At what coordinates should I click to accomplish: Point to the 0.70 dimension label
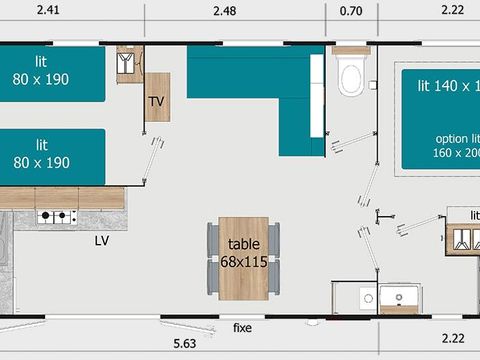351,12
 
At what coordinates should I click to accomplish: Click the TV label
157,102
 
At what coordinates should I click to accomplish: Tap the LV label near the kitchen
102,241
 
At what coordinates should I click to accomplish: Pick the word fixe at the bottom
243,327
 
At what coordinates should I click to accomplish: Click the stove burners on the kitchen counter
57,215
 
